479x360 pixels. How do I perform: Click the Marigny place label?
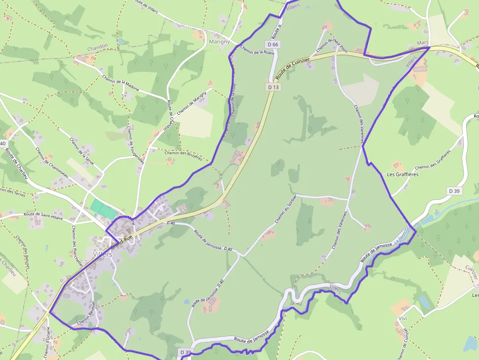coord(219,42)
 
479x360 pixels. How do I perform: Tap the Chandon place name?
coord(97,48)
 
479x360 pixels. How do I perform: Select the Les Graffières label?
coord(402,174)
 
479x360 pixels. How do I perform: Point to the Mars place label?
coord(423,43)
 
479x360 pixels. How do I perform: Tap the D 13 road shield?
coord(273,87)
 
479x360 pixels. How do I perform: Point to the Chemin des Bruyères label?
coord(183,153)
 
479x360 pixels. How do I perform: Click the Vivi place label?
coord(403,318)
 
